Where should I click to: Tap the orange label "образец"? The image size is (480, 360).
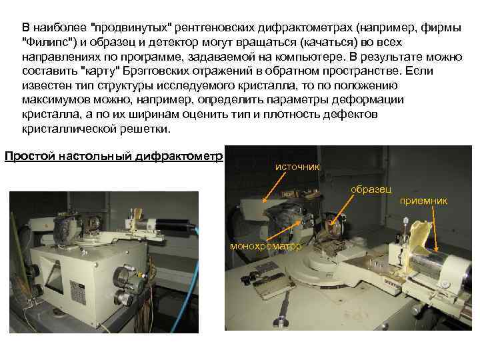tap(372, 189)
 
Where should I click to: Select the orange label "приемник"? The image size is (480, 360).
tap(424, 199)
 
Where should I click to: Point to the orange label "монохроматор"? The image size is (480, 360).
tap(265, 247)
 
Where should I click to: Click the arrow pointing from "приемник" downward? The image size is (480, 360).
tap(434, 227)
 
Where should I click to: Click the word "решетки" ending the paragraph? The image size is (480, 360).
tap(151, 129)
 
